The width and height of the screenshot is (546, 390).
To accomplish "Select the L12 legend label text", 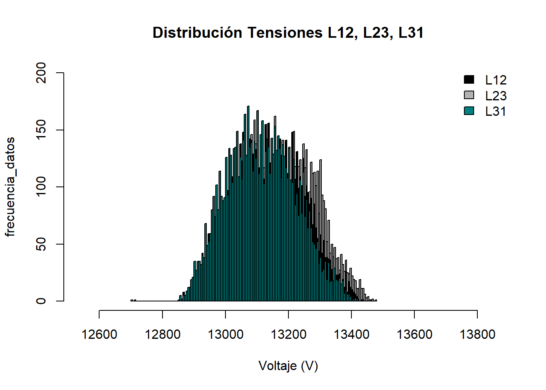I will click(496, 80).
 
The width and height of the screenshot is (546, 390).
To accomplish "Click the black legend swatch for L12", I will click(469, 79).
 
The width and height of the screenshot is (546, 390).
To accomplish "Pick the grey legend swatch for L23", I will click(469, 95).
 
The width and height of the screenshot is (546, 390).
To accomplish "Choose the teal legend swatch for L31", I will click(469, 110).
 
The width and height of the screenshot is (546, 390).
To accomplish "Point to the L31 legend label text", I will click(496, 111).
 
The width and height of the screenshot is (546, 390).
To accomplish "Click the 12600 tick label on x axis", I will click(100, 334).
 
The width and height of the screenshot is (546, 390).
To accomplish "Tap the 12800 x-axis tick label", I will click(162, 334).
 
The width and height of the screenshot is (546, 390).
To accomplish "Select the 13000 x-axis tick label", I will click(225, 334).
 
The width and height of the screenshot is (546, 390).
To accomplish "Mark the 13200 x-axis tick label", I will click(288, 334).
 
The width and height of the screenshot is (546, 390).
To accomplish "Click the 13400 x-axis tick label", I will click(351, 334).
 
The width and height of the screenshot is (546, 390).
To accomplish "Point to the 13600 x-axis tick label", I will click(414, 334).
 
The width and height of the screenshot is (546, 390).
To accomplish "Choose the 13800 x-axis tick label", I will click(477, 334).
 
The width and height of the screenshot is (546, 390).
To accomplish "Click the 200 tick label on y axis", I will click(41, 73).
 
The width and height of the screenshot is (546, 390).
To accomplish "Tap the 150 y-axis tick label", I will click(41, 130).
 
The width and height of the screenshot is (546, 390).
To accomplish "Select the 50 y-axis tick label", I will click(41, 244).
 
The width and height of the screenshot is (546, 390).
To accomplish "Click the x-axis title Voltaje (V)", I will click(288, 366).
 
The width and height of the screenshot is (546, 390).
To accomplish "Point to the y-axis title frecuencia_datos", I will click(10, 187).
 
